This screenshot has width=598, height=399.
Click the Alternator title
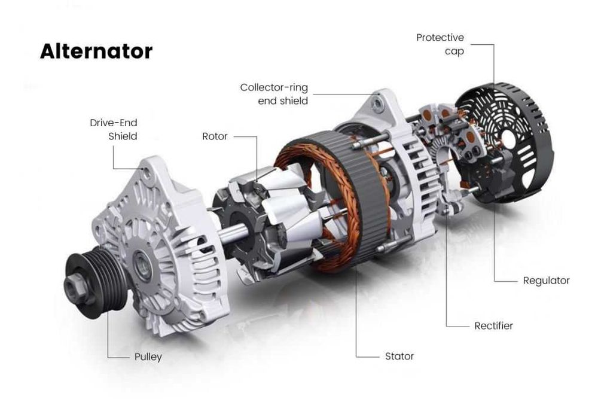pyautogui.click(x=96, y=51)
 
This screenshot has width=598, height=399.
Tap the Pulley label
pyautogui.click(x=148, y=357)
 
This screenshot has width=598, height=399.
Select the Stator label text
pyautogui.click(x=399, y=356)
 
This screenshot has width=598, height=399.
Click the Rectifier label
pyautogui.click(x=493, y=326)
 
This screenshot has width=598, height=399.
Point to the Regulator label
pyautogui.click(x=546, y=281)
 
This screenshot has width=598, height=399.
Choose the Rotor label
pyautogui.click(x=215, y=136)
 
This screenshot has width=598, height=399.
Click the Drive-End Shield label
pyautogui.click(x=114, y=129)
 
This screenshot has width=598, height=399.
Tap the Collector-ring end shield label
pyautogui.click(x=274, y=94)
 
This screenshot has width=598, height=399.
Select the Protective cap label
pyautogui.click(x=440, y=44)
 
